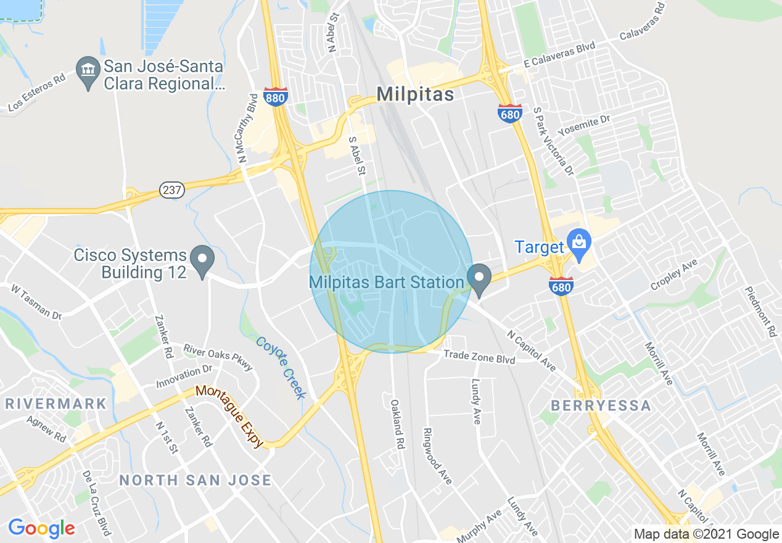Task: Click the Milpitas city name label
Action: tap(415, 94)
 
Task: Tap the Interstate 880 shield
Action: tap(275, 97)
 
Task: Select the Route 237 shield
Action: tap(171, 190)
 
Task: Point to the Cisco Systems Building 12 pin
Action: tap(202, 262)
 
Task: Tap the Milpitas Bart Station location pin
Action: tap(479, 280)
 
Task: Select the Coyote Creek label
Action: tap(281, 368)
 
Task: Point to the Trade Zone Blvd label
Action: tap(479, 357)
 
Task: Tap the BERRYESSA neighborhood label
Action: tap(601, 405)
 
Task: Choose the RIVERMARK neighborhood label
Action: tap(56, 404)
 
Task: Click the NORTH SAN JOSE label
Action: tap(195, 480)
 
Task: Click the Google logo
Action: tap(41, 528)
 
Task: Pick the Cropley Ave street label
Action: tap(673, 275)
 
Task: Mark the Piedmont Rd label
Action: tap(760, 312)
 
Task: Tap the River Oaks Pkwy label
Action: tap(218, 357)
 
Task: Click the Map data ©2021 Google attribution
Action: tap(707, 534)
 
